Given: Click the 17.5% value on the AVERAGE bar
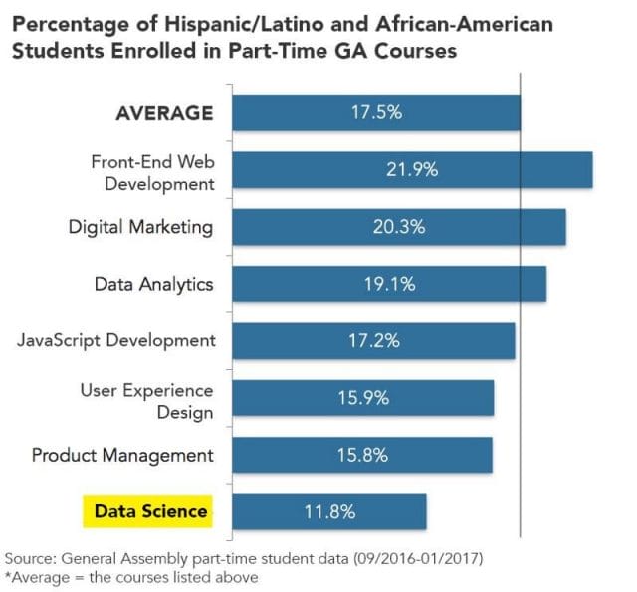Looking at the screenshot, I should coord(376,112).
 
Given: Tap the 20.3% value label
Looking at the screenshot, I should coord(399,226).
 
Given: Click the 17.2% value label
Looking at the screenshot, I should coord(374,340).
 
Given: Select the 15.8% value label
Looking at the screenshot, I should coord(362,455).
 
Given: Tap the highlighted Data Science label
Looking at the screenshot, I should coord(151,512).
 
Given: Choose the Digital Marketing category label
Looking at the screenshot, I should coord(140,226).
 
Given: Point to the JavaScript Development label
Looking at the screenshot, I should coord(116,340).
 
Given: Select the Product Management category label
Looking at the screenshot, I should coord(122,455).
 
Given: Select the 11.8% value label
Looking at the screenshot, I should coord(328,512).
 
